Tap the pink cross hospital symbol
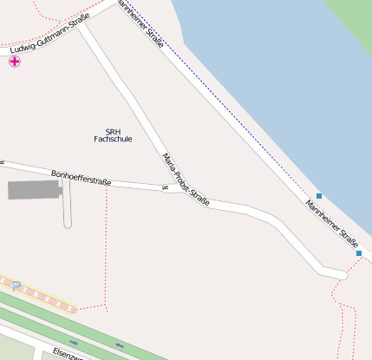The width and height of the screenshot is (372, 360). point(14,62)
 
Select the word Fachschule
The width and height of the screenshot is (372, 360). point(113,139)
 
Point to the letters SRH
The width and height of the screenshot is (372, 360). point(113,130)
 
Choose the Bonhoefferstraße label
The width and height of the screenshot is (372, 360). point(82,178)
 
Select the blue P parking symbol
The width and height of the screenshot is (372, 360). point(16,285)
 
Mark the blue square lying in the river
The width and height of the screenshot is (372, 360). point(319,196)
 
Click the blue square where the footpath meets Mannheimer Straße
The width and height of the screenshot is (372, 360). point(359,253)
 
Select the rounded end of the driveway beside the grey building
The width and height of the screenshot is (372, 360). point(68,224)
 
